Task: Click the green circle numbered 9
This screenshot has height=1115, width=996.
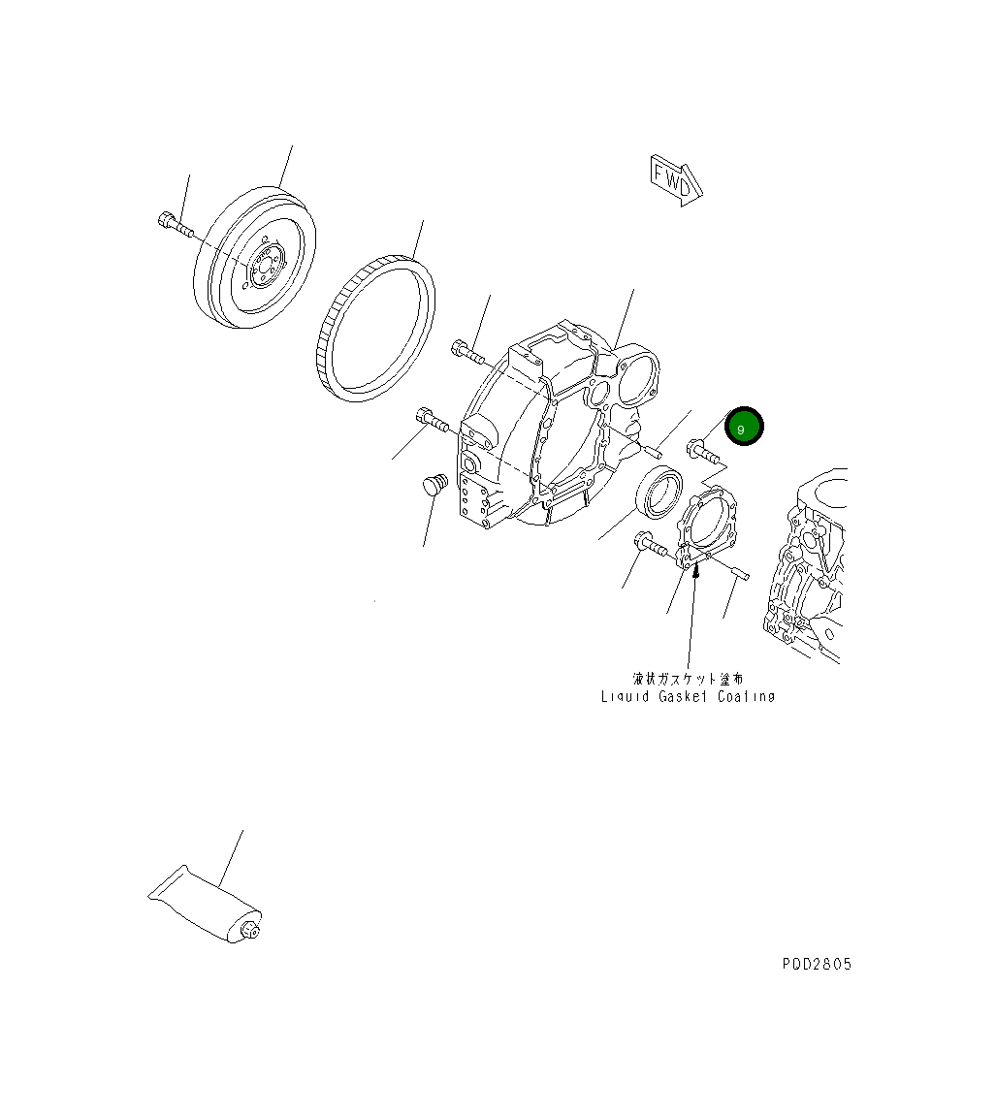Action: pos(744,428)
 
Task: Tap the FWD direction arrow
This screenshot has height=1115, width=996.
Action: pos(676,180)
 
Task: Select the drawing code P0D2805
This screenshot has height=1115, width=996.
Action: pos(817,965)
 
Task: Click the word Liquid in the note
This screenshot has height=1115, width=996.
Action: pos(626,696)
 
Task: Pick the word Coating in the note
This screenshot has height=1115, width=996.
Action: pos(746,696)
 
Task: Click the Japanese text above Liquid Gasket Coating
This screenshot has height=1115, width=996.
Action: pos(688,679)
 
